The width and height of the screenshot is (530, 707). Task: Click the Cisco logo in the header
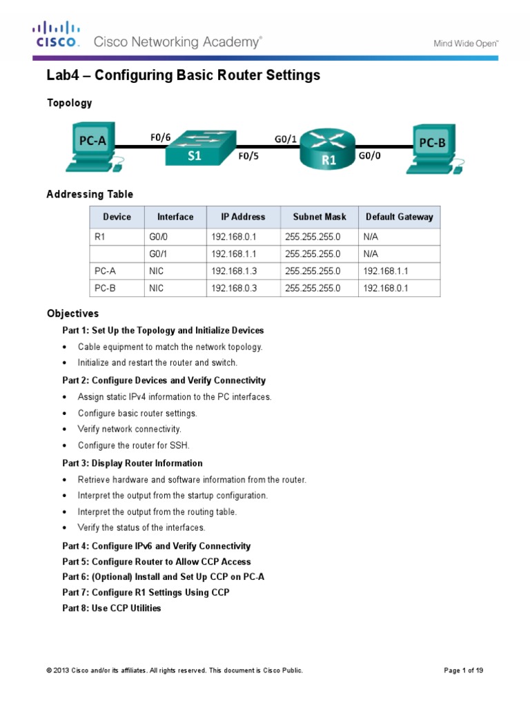click(x=57, y=35)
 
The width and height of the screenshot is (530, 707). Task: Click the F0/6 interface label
click(x=160, y=137)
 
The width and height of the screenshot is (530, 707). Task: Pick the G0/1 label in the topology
click(x=286, y=139)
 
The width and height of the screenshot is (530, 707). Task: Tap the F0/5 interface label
click(x=249, y=157)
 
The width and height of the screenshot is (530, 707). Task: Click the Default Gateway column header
click(x=400, y=217)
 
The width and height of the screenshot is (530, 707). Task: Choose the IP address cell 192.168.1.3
click(x=234, y=272)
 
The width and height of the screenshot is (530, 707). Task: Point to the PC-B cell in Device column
click(x=105, y=289)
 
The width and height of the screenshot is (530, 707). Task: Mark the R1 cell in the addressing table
click(x=100, y=237)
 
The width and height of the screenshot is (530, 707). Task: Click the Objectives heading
click(x=72, y=313)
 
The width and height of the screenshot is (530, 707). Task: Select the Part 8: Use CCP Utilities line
click(x=112, y=608)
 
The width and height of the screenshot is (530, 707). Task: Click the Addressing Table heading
click(x=90, y=195)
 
